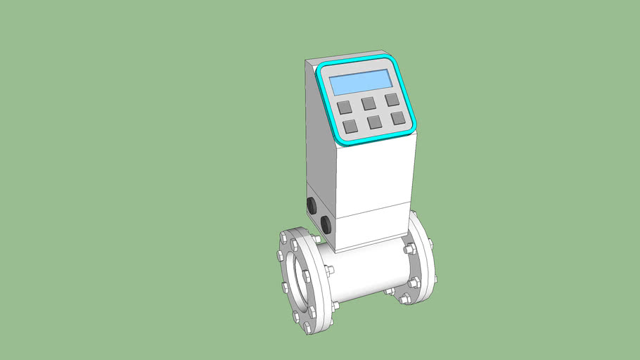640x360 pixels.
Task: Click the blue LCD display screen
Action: click(x=361, y=82)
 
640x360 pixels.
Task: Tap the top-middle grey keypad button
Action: click(x=369, y=103)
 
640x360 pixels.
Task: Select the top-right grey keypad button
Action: click(x=392, y=99)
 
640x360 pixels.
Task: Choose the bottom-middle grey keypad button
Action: click(x=374, y=122)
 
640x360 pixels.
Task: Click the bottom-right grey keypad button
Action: click(x=398, y=117)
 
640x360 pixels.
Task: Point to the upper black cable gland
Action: click(x=310, y=205)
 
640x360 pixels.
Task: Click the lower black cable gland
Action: click(x=326, y=224)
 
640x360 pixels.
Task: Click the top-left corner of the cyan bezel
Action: click(x=321, y=68)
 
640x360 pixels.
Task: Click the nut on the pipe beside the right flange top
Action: click(x=408, y=249)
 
